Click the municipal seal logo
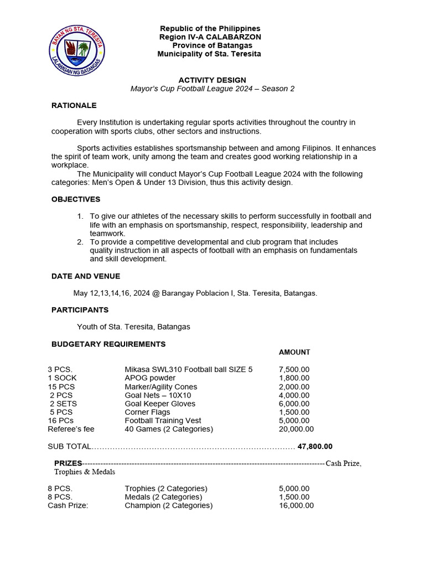coord(77,51)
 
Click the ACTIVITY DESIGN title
coord(212,80)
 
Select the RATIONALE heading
coord(74,105)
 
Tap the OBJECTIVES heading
coord(76,199)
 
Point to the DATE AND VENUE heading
coord(86,276)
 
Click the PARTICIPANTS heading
coord(80,310)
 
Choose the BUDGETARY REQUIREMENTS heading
coord(108,344)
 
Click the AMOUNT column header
coord(294,352)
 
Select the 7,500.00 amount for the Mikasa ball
coord(294,370)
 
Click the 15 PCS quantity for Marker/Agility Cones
coord(61,387)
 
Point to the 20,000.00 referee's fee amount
coord(296,429)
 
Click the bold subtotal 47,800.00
coord(315,446)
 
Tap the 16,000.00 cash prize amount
coord(296,506)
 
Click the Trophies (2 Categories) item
coord(166,488)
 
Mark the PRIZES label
coord(68,463)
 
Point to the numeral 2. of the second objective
coord(80,242)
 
